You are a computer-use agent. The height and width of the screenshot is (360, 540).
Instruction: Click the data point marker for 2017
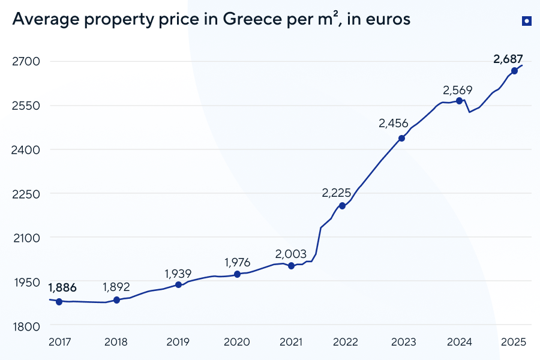point(59,302)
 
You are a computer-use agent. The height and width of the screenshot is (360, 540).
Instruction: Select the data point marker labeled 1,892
point(116,300)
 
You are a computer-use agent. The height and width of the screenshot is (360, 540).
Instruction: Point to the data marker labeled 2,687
point(514,71)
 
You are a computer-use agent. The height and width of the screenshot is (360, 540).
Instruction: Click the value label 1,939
point(178,274)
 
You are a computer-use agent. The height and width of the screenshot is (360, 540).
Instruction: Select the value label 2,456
point(393,124)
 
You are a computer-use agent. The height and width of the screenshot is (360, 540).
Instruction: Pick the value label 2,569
point(458,91)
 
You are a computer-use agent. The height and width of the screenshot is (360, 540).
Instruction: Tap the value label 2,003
point(291,254)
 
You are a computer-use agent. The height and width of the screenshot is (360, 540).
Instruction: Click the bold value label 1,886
point(62,287)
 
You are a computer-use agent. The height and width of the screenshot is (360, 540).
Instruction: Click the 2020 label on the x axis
point(236,342)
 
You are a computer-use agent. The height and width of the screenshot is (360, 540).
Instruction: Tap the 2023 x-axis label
point(403,342)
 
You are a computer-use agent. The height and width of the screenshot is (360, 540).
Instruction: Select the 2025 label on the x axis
point(514,342)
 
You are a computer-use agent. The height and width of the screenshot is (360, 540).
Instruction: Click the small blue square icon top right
point(526,22)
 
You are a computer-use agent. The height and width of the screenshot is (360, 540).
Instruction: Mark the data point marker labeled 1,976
point(237,274)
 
